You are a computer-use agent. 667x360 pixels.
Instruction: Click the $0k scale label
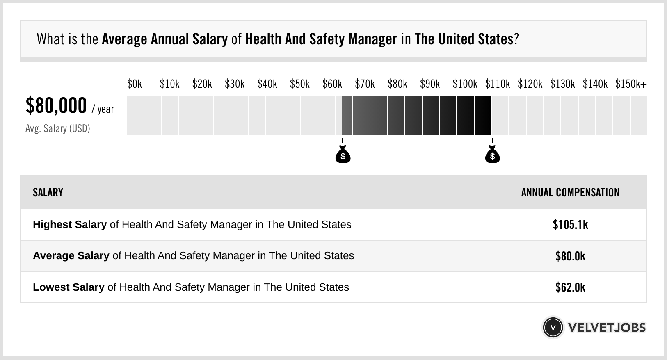tap(135, 84)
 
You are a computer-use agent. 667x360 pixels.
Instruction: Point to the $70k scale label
tap(365, 84)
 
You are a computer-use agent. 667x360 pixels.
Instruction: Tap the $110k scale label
tap(497, 84)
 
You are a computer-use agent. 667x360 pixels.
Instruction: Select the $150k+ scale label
tap(631, 84)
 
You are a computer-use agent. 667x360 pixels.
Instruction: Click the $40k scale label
tap(267, 84)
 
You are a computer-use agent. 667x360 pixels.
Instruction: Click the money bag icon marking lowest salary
tap(343, 155)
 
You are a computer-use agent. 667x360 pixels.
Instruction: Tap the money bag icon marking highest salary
tap(492, 155)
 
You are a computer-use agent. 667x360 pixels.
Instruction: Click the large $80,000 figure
tap(56, 106)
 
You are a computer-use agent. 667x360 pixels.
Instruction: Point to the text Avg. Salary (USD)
tap(57, 129)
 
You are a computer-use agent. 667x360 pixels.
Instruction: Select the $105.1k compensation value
tap(570, 225)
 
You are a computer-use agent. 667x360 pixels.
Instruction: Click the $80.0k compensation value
tap(570, 256)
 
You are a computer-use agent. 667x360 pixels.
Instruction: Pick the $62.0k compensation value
tap(570, 287)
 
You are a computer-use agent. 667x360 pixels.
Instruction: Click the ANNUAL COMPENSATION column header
tap(570, 193)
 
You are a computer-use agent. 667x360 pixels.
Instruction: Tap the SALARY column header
tap(48, 193)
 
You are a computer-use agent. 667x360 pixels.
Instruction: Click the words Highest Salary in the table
tap(70, 225)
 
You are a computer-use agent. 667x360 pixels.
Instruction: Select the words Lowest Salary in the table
tap(69, 287)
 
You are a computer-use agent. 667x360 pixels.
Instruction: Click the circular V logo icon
tap(553, 328)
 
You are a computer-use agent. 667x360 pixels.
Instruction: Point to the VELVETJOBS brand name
tap(607, 328)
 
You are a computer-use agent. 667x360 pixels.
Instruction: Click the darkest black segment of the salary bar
tap(483, 116)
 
